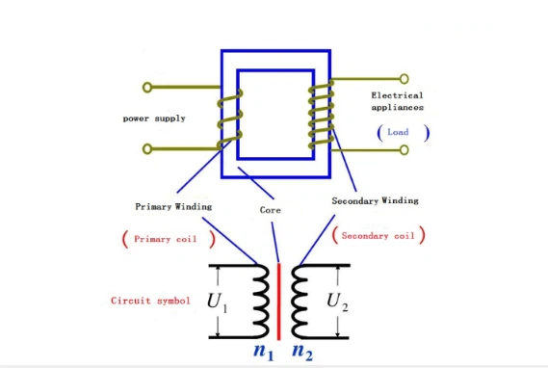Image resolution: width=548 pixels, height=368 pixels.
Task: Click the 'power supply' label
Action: tap(154, 118)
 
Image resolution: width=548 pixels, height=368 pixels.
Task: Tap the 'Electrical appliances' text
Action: tap(397, 103)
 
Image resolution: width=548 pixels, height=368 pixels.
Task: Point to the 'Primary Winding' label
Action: tap(173, 206)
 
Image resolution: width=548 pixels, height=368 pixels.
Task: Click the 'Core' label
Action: tap(270, 209)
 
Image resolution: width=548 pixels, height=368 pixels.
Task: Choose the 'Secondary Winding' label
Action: tap(375, 201)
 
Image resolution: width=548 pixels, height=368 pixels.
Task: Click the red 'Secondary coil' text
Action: tap(378, 235)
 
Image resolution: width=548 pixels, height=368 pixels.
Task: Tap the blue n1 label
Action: tap(261, 352)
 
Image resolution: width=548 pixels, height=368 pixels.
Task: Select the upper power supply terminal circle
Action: tap(147, 87)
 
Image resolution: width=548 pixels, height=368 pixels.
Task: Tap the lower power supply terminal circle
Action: tap(147, 149)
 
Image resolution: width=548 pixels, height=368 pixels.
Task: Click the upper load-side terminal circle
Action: tap(404, 78)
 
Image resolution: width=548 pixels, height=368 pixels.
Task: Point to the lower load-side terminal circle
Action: tap(404, 149)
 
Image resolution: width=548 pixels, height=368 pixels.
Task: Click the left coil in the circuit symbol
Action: tap(260, 300)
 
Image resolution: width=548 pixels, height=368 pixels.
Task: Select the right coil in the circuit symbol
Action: tap(299, 300)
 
